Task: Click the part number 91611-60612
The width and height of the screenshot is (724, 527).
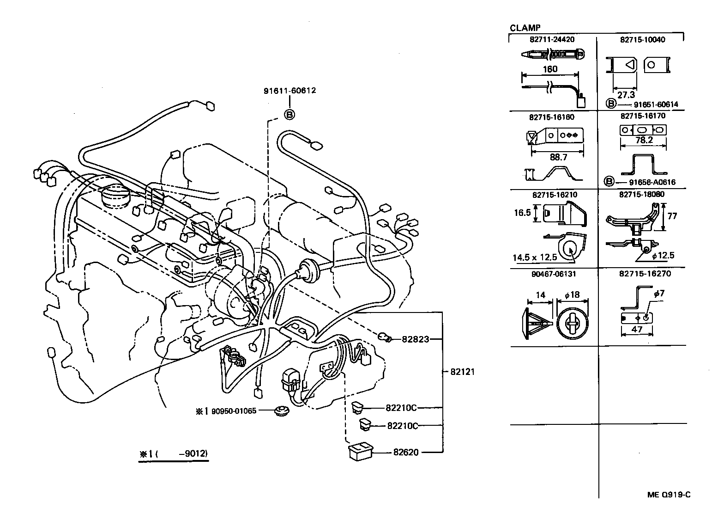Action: point(290,91)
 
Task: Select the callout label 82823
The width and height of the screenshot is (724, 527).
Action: point(415,339)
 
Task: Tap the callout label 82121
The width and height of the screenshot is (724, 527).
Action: point(461,372)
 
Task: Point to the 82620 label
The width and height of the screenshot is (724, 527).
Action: point(406,452)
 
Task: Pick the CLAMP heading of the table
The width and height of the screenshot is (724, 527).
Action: point(525,28)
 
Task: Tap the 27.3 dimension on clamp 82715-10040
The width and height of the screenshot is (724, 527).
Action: point(626,95)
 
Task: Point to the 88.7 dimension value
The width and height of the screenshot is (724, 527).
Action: point(558,157)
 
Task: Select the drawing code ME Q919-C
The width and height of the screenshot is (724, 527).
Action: point(669,495)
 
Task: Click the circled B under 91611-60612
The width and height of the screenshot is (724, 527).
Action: point(289,114)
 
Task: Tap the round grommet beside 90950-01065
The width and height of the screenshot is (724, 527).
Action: point(279,411)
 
